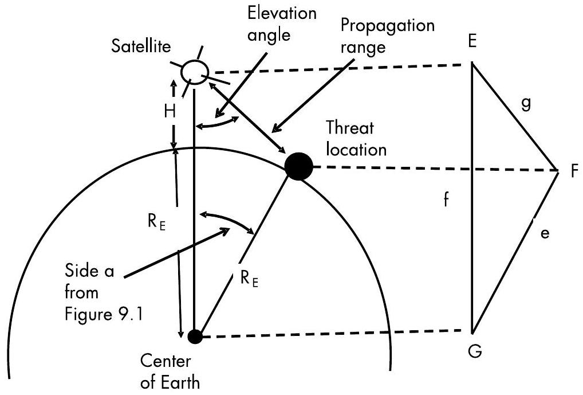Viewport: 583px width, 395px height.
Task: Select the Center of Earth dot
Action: [195, 337]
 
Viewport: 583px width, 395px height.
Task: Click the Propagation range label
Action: [388, 36]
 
